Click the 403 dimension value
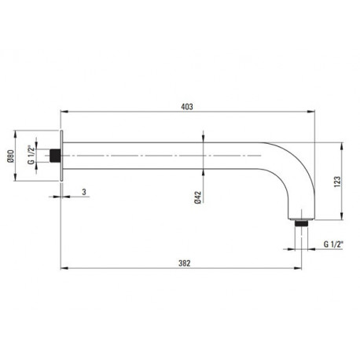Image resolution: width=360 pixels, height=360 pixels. click(187, 107)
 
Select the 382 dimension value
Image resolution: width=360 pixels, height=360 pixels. click(185, 263)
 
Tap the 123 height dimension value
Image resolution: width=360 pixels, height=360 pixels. click(337, 182)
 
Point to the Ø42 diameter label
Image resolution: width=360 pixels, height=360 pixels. click(198, 197)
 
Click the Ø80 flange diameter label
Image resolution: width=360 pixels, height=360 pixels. click(11, 156)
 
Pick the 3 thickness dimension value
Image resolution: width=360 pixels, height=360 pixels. click(84, 192)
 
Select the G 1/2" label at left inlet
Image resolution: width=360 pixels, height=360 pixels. click(31, 155)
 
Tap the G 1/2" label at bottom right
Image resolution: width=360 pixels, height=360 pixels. click(333, 244)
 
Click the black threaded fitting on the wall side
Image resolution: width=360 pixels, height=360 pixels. click(55, 156)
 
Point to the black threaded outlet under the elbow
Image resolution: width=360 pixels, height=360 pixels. click(301, 223)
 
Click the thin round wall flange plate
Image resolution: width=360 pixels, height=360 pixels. click(62, 156)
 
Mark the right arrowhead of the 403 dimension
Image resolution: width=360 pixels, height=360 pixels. click(311, 112)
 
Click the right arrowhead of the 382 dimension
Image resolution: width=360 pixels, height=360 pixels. click(298, 268)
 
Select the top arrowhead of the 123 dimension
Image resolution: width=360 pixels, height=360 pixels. click(342, 146)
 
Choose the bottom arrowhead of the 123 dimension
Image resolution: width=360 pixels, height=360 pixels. click(342, 216)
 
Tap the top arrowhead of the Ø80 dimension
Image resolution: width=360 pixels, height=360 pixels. click(15, 134)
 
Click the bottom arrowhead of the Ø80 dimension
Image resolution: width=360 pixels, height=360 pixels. click(15, 177)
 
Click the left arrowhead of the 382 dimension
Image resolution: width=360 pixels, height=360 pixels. click(64, 268)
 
